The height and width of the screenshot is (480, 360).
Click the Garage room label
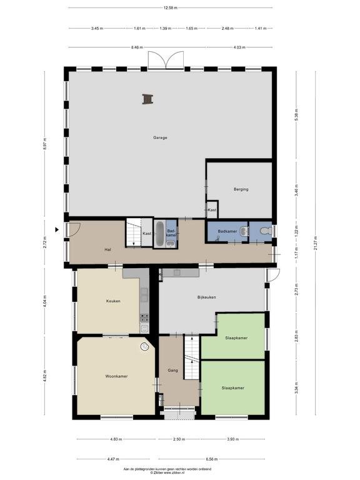[160, 137]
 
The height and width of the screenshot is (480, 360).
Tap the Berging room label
[241, 189]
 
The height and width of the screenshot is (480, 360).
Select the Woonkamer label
[116, 376]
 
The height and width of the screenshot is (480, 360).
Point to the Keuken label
[113, 301]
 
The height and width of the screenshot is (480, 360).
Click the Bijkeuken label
[207, 297]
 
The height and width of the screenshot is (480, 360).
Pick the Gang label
[172, 371]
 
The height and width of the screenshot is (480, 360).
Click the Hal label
[107, 250]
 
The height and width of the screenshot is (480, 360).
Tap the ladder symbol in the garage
[147, 99]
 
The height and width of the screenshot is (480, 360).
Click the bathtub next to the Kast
[159, 234]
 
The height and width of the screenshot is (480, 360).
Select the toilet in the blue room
[266, 230]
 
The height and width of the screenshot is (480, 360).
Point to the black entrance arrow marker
[57, 229]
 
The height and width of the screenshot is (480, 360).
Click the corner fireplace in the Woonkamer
[144, 346]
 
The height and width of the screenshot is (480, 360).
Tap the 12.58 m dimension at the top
[171, 8]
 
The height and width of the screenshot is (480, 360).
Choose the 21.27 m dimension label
[315, 242]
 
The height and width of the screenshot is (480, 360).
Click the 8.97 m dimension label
[45, 144]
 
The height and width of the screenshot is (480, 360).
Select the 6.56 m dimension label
[212, 459]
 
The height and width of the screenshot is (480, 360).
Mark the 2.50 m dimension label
[179, 439]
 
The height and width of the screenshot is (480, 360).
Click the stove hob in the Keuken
[144, 317]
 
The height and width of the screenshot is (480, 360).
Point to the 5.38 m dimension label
[296, 115]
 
